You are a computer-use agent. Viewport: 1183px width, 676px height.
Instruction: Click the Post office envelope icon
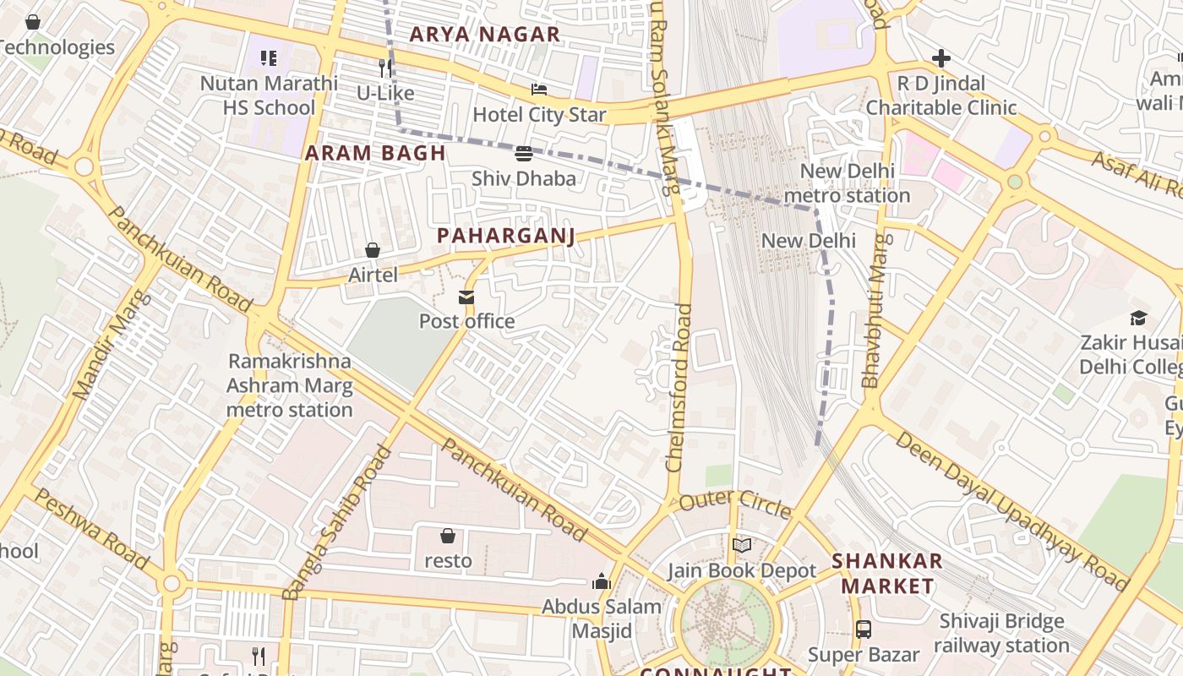coord(466,297)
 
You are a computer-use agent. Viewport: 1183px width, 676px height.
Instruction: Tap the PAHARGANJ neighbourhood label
coord(506,236)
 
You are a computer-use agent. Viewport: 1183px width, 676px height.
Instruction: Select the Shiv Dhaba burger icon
coord(524,154)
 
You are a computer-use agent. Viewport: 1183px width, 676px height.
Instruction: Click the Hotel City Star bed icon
coord(539,90)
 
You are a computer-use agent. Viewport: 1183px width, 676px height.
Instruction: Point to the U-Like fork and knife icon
coord(385,68)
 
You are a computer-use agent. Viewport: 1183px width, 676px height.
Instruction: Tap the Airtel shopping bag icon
coord(373,250)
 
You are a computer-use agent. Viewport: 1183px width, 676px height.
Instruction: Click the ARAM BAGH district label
coord(375,153)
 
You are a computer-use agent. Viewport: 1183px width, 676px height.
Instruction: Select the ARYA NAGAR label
coord(485,35)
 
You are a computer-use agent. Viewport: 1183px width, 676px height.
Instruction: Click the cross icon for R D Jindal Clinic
coord(940,58)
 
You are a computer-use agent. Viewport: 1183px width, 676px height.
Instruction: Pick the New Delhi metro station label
coord(846,183)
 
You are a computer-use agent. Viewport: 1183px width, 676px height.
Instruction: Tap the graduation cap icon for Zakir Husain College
coord(1139,319)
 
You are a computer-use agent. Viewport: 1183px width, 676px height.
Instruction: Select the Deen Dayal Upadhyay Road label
coord(1011,510)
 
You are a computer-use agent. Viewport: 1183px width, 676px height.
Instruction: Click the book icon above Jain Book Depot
coord(742,546)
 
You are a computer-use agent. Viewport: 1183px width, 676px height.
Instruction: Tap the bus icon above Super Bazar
coord(863,630)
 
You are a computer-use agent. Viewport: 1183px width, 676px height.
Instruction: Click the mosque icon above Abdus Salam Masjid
coord(602,581)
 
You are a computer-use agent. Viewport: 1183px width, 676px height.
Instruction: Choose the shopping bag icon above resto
coord(448,536)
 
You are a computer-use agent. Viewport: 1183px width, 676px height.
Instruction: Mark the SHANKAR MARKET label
coord(887,574)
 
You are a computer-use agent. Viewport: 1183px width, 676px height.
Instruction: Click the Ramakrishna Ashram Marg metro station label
coord(290,385)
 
